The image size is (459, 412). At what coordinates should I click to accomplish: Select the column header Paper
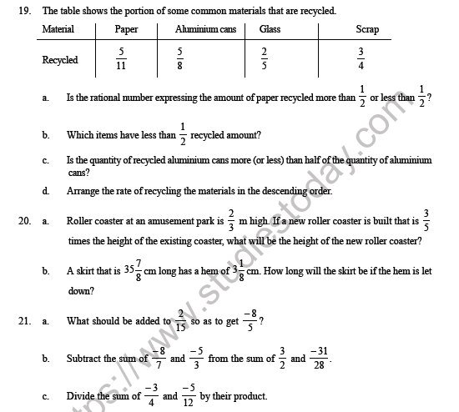(127, 30)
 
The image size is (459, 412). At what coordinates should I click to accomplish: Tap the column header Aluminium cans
(204, 30)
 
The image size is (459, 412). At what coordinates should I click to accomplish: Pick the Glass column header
(270, 30)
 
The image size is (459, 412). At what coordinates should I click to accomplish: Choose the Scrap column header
(366, 30)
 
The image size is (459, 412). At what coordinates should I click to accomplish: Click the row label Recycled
(60, 60)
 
